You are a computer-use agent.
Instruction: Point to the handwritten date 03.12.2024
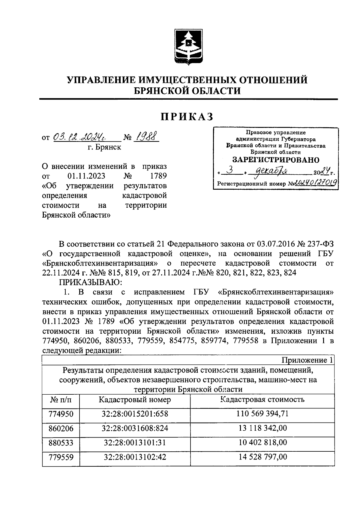click(85, 137)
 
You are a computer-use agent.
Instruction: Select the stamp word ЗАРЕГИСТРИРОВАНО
click(276, 160)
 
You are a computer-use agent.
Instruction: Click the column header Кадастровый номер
click(135, 400)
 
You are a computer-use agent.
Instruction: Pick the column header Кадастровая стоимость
click(262, 399)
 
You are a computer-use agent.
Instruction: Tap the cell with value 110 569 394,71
click(262, 414)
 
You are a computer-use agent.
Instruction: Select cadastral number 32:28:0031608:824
click(135, 428)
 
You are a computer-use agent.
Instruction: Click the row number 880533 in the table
click(61, 443)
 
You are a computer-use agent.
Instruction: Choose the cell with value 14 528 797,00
click(262, 457)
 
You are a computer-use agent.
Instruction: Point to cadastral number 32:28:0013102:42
click(135, 457)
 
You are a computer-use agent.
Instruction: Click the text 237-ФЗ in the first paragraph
click(318, 244)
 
